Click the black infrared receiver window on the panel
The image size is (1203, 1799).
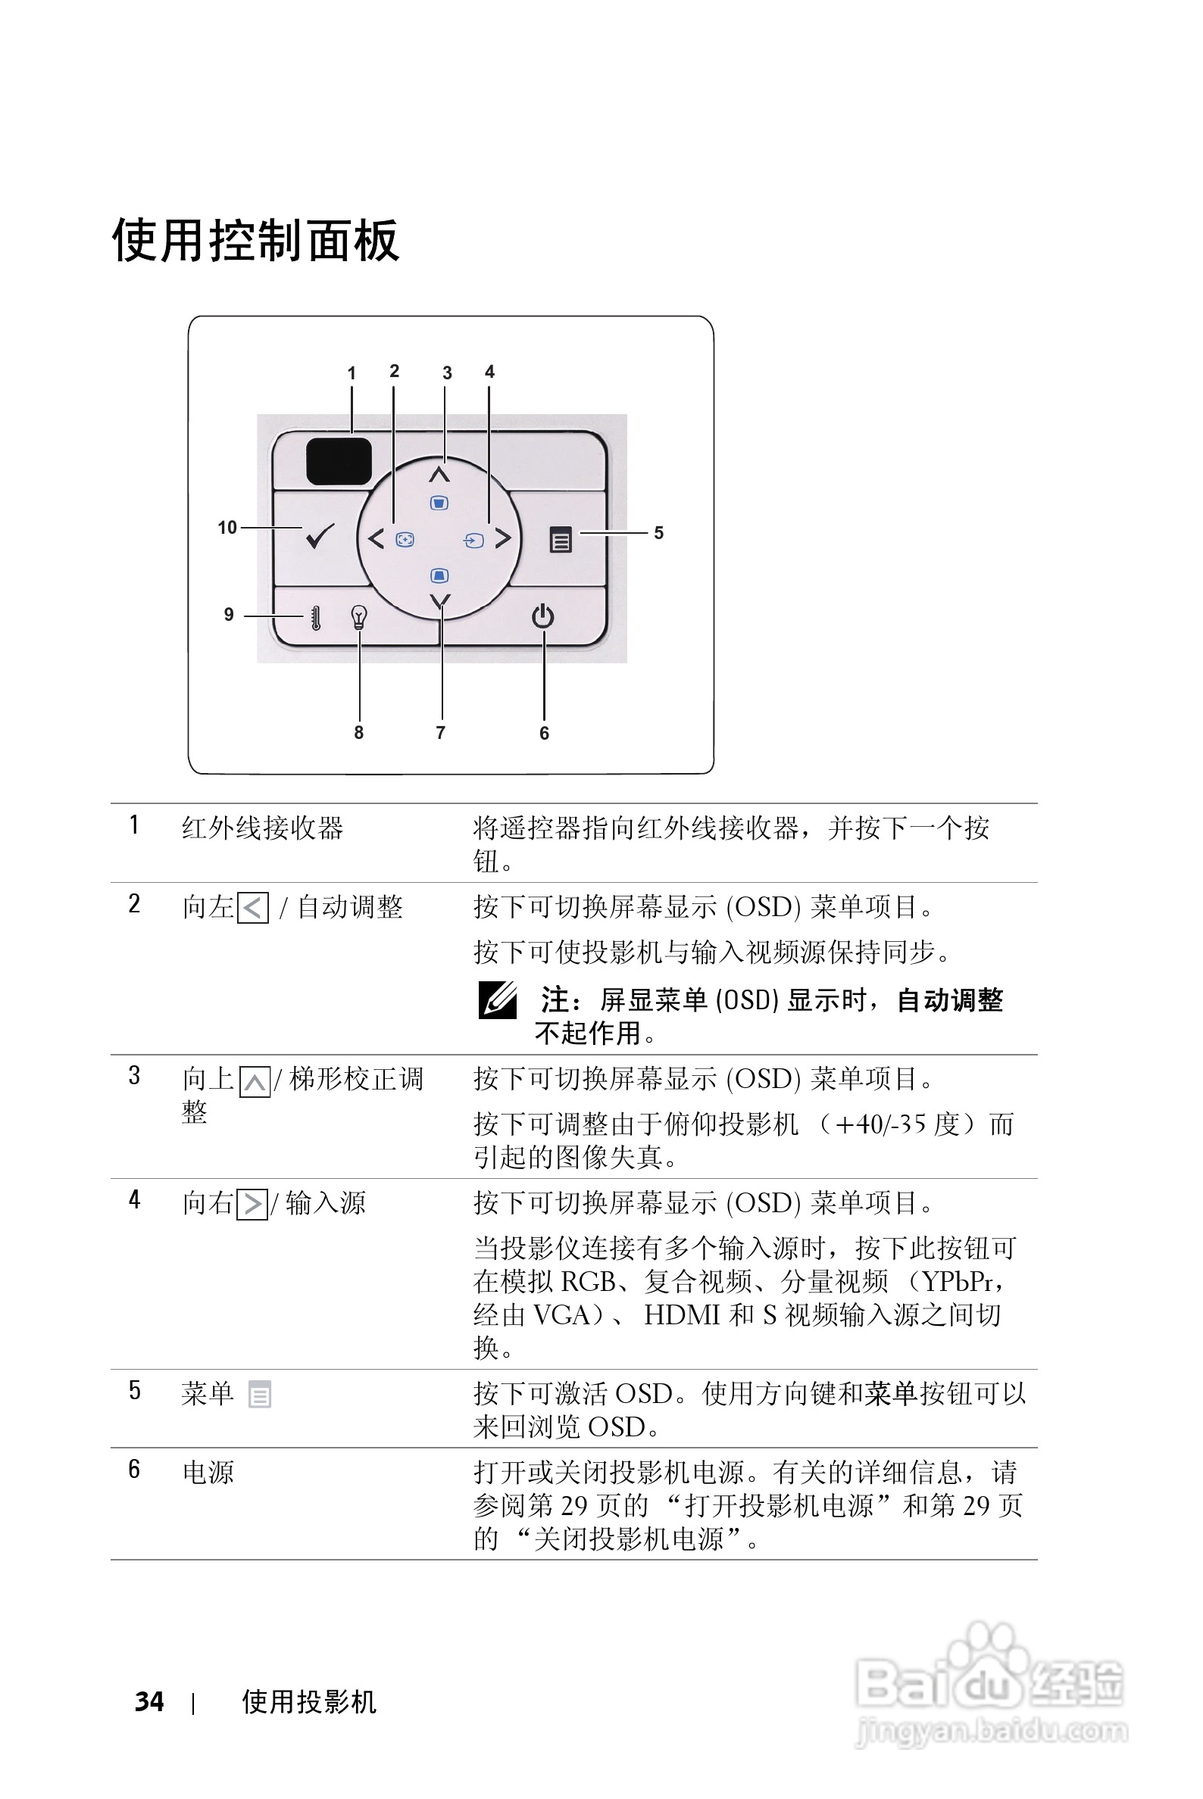339,461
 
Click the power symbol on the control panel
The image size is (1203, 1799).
543,616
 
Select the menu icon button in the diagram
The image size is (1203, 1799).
561,540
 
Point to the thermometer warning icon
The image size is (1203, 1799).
315,617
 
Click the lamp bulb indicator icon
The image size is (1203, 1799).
358,616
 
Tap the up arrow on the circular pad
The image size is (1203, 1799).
439,473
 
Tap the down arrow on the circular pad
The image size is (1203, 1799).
440,601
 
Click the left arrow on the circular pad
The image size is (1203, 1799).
375,539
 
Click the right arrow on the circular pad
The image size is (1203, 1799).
503,538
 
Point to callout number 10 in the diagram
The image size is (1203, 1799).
227,528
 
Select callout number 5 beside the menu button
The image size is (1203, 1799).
658,533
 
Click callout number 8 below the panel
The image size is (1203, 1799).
358,733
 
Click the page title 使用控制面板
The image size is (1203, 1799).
255,240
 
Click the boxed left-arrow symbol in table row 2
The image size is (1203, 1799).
253,909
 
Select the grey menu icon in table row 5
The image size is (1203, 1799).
259,1394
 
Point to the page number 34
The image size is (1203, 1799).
149,1701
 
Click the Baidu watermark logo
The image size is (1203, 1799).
989,1687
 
